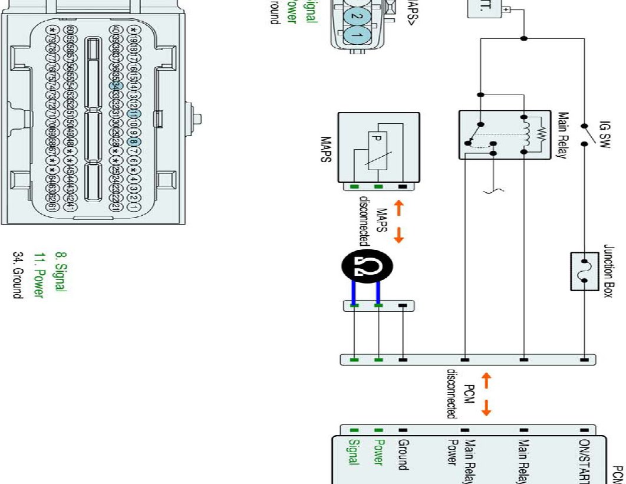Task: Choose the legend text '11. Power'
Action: point(39,275)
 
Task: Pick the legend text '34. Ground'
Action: point(18,275)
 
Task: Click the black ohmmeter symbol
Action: point(365,269)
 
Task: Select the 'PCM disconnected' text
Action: point(460,393)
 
